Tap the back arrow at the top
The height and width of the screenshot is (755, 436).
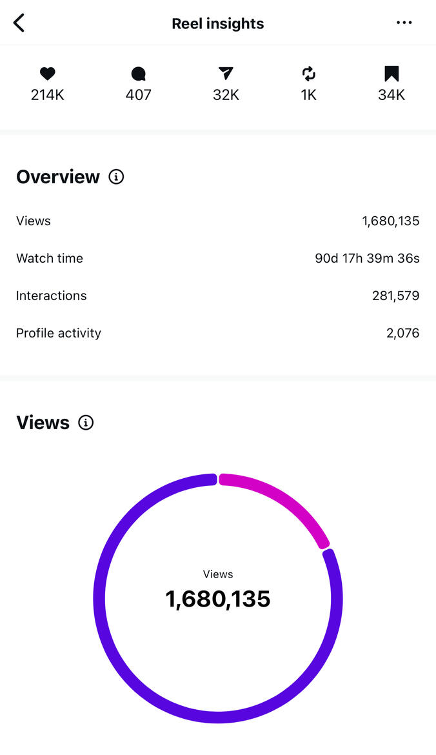(x=19, y=23)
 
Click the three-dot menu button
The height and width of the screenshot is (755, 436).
(x=404, y=23)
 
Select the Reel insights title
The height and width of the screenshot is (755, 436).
(x=218, y=24)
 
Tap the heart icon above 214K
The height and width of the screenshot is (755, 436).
(x=48, y=74)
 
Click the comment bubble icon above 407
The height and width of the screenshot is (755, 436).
(x=138, y=74)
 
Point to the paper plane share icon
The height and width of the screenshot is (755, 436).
(x=226, y=74)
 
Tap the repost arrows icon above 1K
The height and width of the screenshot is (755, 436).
(x=309, y=74)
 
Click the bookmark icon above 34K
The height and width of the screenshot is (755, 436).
(x=391, y=74)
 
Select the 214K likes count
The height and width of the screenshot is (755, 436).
(x=48, y=95)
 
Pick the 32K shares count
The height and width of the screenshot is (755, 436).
(x=226, y=95)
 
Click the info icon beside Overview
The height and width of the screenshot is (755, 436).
(x=116, y=177)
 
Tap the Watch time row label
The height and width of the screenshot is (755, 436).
(x=50, y=258)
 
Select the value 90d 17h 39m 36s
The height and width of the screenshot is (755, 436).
(x=367, y=258)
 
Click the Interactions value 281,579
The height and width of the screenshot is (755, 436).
(x=395, y=296)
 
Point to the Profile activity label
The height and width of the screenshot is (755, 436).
(x=59, y=333)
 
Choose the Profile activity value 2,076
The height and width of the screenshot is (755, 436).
(x=402, y=333)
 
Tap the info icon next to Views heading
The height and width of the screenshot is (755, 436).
(x=86, y=423)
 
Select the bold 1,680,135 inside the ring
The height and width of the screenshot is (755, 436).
(x=218, y=599)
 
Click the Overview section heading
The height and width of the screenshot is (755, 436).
(x=58, y=177)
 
